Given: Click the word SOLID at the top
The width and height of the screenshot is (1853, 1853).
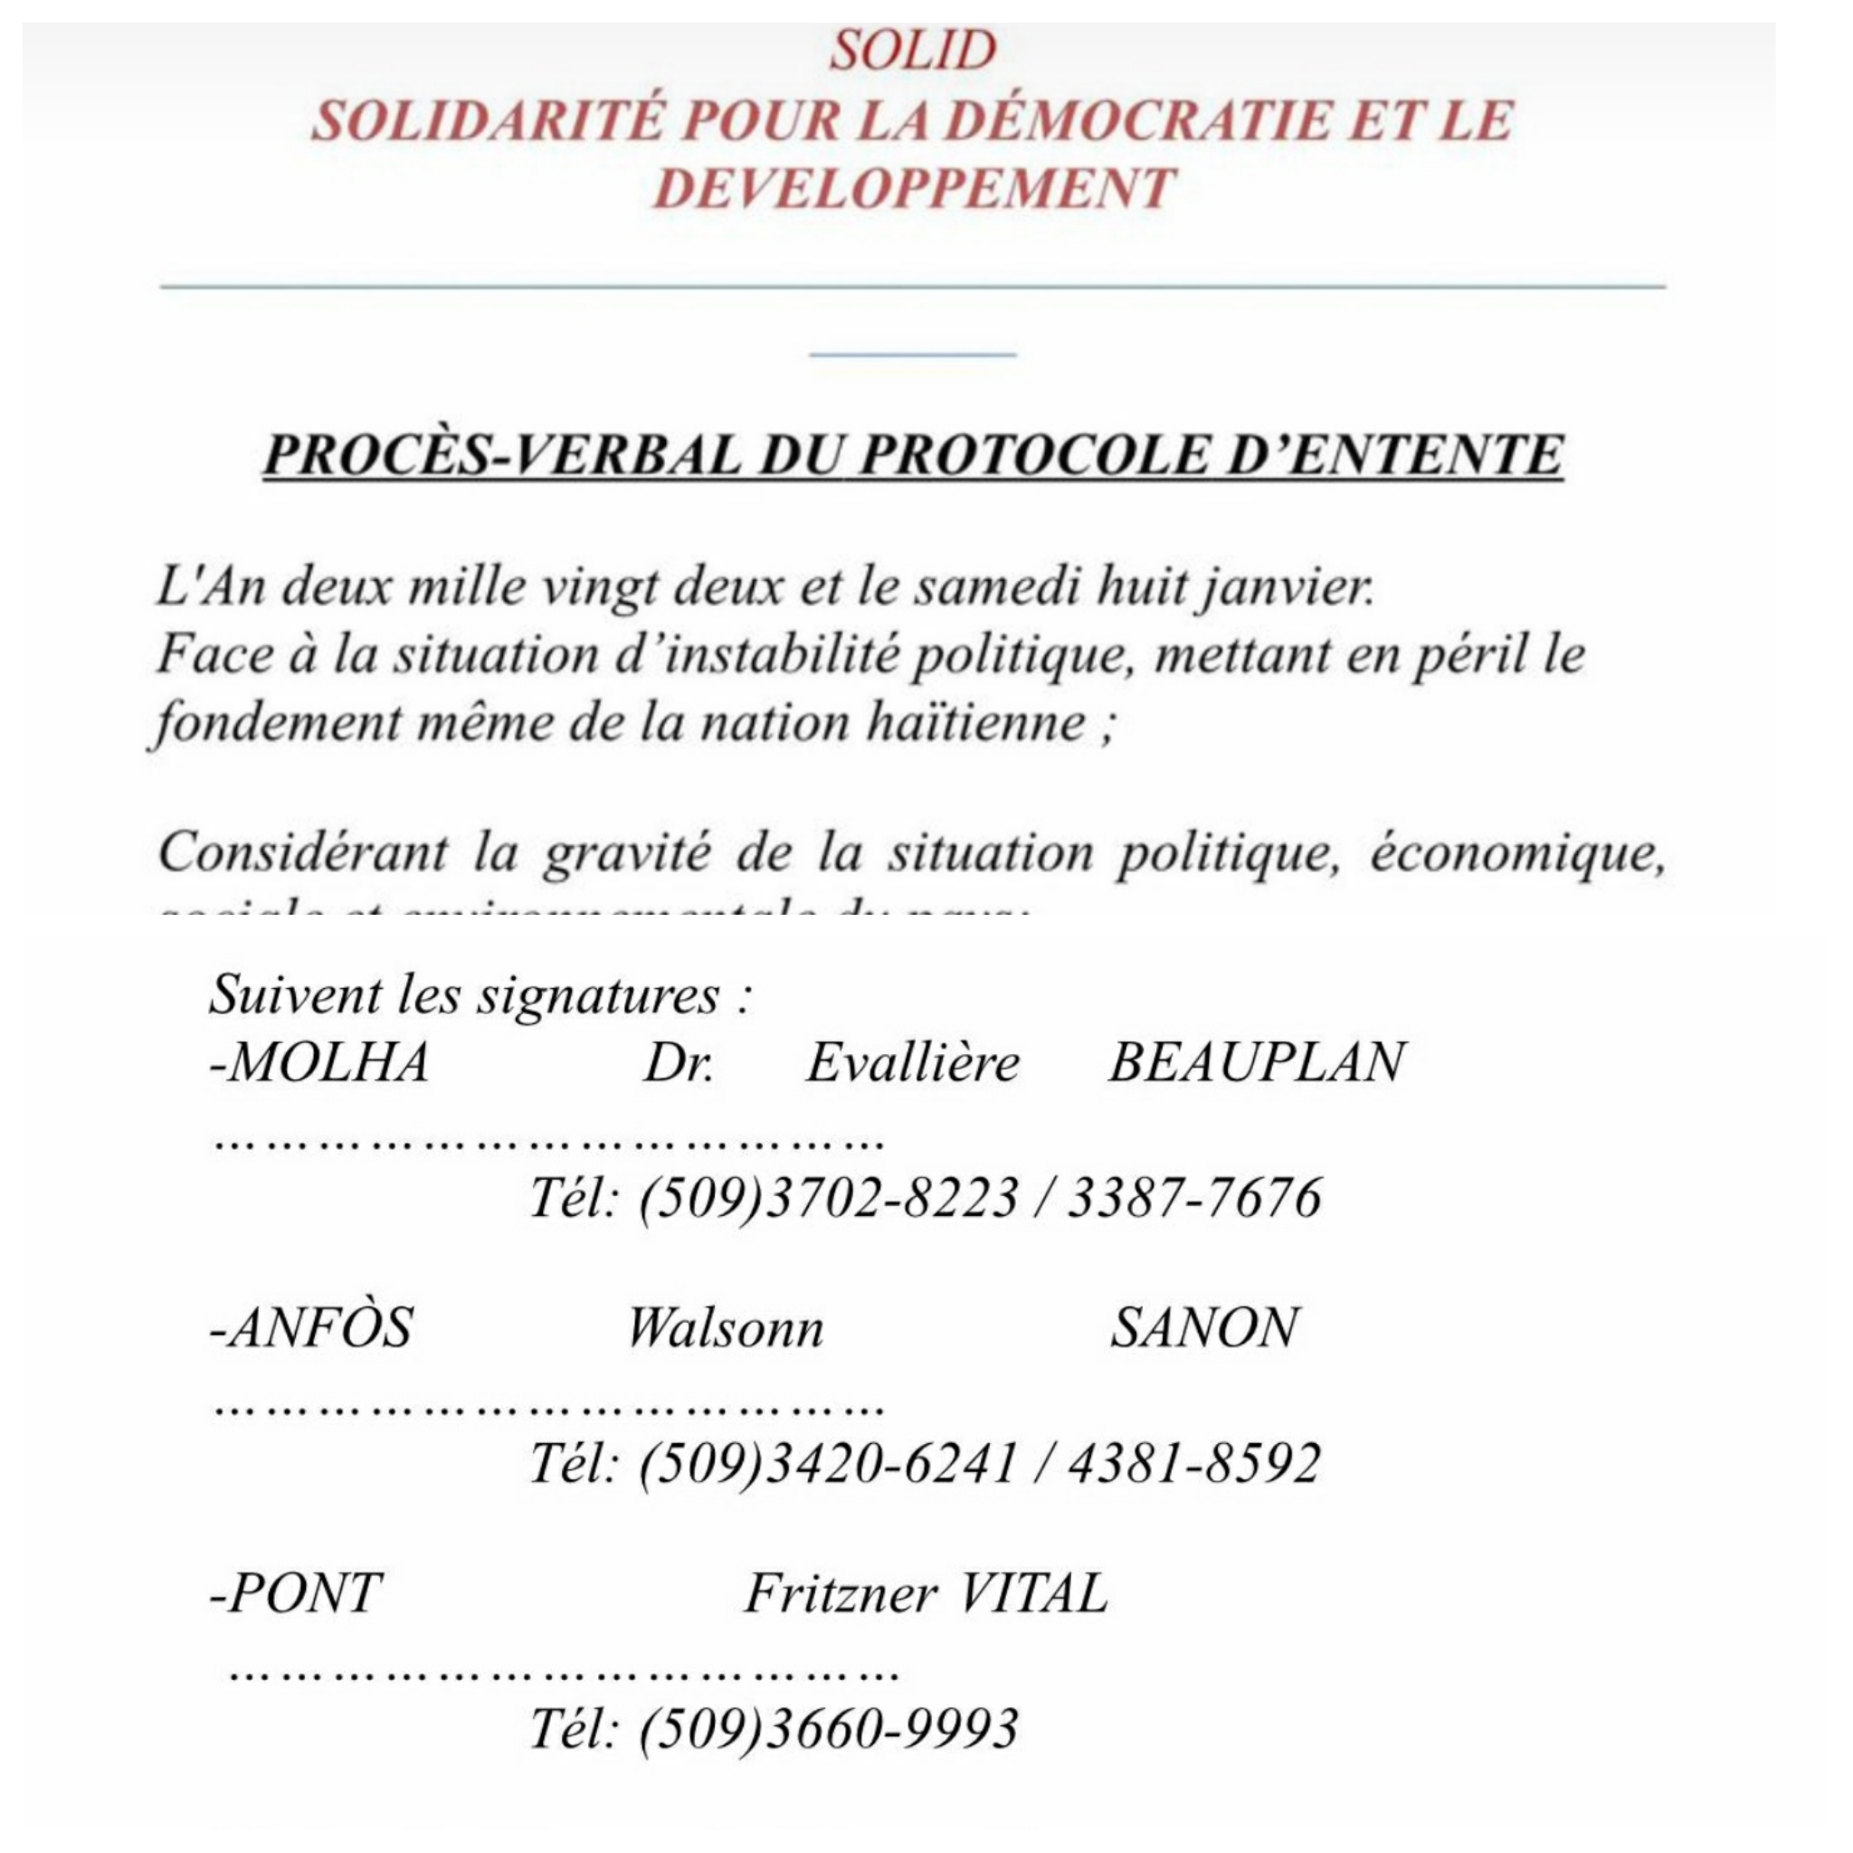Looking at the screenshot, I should [x=912, y=51].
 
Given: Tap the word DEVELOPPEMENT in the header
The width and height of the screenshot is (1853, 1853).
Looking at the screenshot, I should [x=913, y=187].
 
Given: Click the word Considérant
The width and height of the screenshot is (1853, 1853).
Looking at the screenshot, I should [x=302, y=851].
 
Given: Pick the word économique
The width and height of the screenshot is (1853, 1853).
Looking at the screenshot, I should [x=1516, y=851].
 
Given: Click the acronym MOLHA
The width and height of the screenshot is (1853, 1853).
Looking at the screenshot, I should [x=320, y=1063].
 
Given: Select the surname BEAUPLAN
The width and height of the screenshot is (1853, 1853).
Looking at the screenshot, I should [x=1257, y=1063].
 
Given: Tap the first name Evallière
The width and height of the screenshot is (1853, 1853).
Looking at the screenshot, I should [x=912, y=1063].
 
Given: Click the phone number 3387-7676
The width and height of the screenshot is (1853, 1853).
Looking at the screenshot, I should [x=1195, y=1197].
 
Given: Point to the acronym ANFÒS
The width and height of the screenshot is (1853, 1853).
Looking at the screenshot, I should [x=313, y=1328].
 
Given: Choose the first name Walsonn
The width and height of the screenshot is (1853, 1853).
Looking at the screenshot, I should [x=725, y=1328].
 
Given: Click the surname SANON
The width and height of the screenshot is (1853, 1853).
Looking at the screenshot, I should [x=1203, y=1328].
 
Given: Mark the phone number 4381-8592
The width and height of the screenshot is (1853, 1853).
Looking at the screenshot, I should [x=1195, y=1463].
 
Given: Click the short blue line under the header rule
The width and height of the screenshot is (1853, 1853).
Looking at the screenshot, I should [x=912, y=354].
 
